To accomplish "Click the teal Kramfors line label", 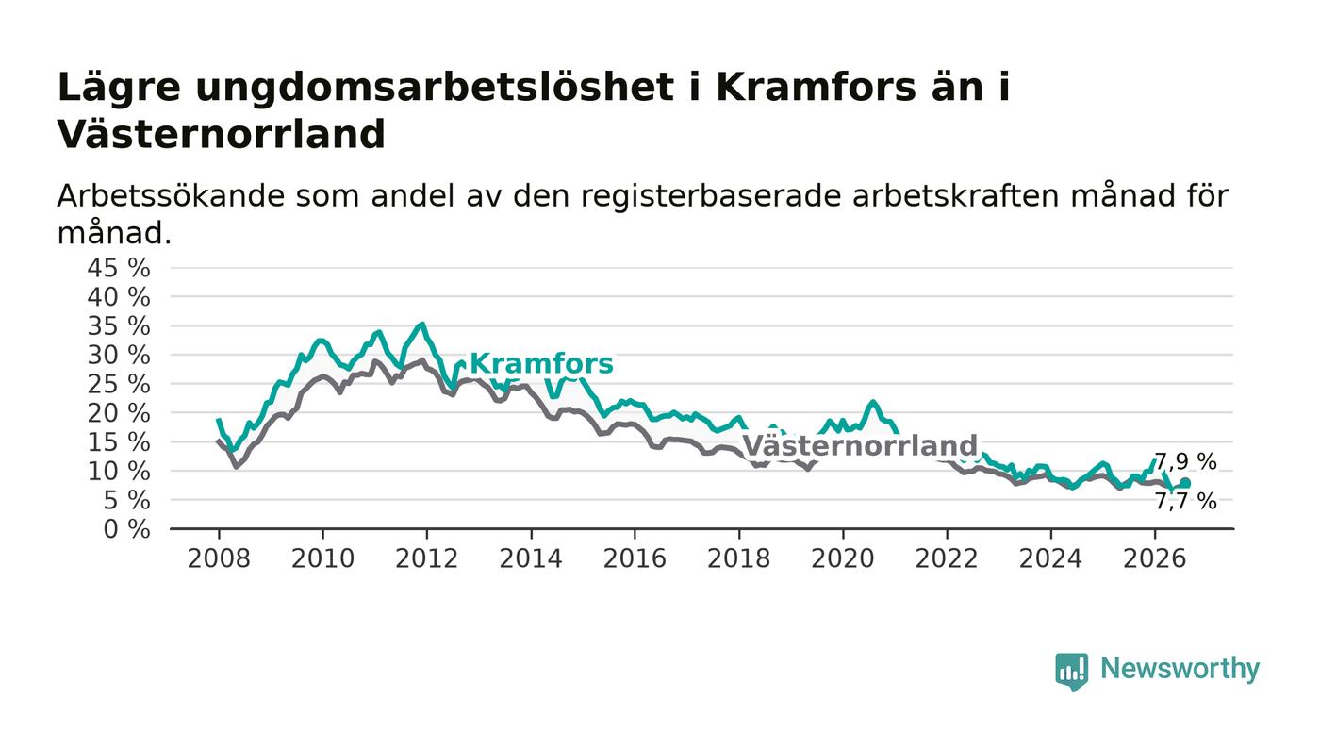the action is (541, 363).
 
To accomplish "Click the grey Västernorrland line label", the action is (860, 445).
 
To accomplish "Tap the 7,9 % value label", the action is (1185, 462).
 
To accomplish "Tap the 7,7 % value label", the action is (1185, 501).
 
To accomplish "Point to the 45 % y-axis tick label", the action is (119, 268).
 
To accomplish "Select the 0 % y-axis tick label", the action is (126, 529).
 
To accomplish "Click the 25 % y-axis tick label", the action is (119, 385).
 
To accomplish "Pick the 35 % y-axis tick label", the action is (119, 326).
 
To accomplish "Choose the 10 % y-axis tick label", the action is (119, 472).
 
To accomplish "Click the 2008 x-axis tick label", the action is (219, 558).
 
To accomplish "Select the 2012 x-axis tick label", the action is (426, 558).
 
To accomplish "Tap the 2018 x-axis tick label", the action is (738, 558).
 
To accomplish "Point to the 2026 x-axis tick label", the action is (1154, 558).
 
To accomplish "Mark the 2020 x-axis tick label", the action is (843, 558).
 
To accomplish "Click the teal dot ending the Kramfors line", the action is (1185, 483).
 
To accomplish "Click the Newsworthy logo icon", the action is (1071, 672).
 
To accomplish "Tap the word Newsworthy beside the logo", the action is (1180, 669).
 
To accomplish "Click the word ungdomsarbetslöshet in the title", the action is (435, 89).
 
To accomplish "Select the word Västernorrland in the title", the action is (222, 135).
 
